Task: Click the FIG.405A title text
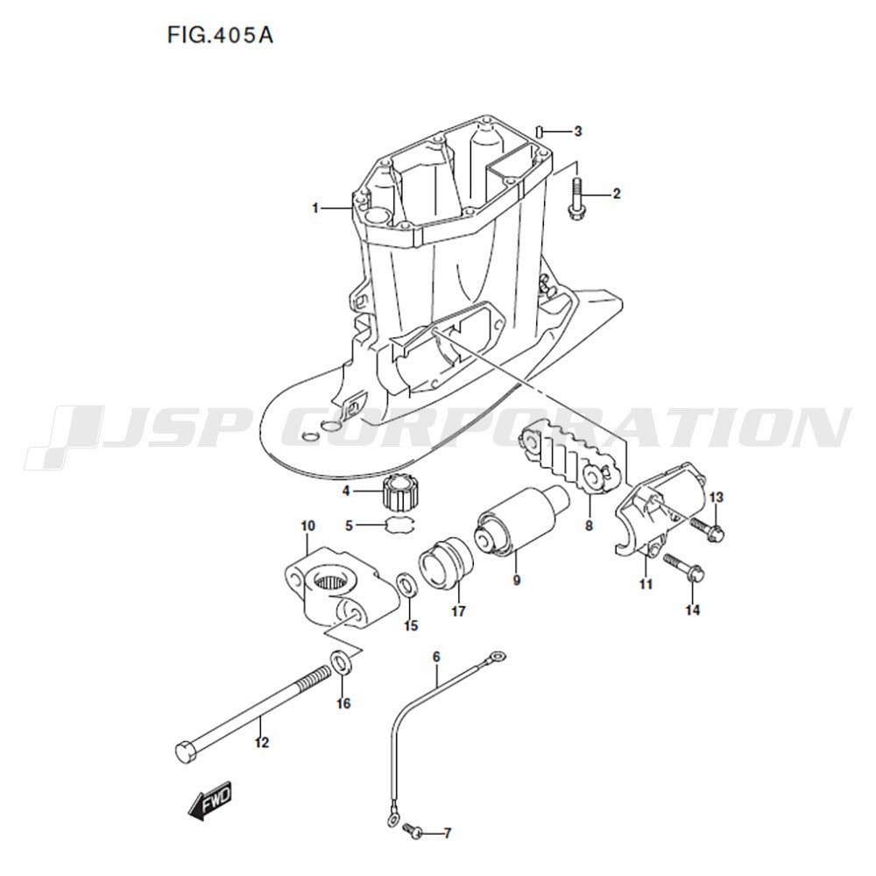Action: (220, 35)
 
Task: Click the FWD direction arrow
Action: (209, 802)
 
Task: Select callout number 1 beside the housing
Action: (315, 208)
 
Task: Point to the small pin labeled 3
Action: (539, 131)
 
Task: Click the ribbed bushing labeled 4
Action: (400, 491)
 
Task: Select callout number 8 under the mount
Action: (589, 526)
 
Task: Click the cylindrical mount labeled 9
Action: (522, 522)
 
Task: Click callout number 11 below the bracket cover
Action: (646, 584)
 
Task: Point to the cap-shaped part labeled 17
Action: (445, 563)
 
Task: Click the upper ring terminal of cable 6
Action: (497, 655)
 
